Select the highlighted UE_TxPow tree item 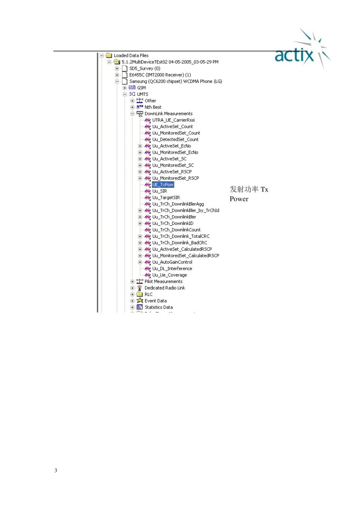(x=163, y=185)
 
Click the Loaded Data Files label (x=131, y=56)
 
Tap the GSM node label (x=141, y=88)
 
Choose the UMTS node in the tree (x=142, y=94)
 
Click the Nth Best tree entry (x=153, y=107)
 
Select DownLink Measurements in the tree (x=168, y=114)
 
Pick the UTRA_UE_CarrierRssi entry (x=173, y=120)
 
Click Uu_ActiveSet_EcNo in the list (x=171, y=146)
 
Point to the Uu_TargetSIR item (x=166, y=198)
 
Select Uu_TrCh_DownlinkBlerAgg (x=178, y=204)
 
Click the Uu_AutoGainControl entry (x=172, y=262)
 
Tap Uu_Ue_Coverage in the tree (x=169, y=275)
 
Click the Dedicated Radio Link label (x=165, y=288)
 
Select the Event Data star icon (x=139, y=301)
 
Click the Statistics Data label (x=158, y=307)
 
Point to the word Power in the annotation (x=239, y=199)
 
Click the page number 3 (x=56, y=470)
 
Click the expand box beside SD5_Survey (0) (x=117, y=69)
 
